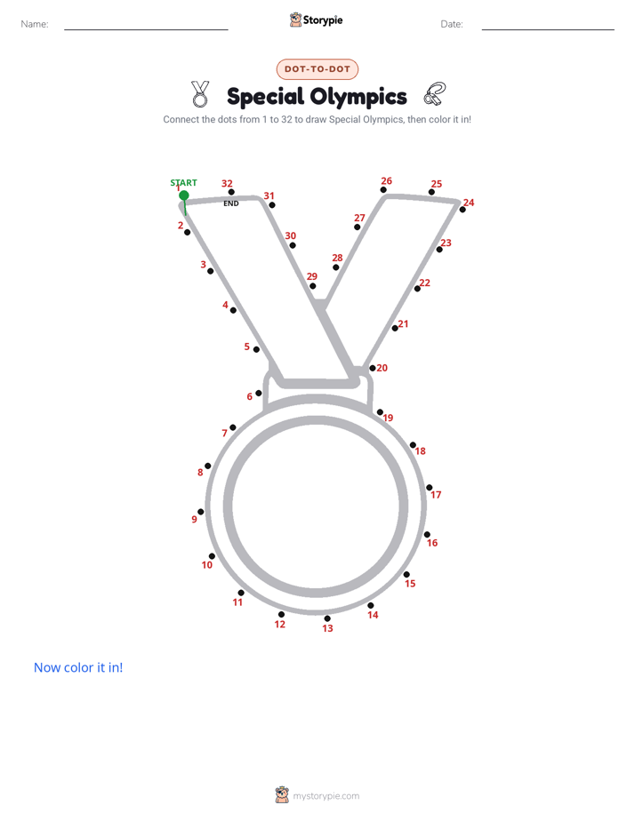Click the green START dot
coord(184,195)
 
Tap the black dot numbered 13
coord(327,618)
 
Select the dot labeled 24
coord(462,210)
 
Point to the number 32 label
coord(227,183)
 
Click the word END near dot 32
coord(231,203)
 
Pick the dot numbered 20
coord(373,368)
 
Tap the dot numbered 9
coord(201,512)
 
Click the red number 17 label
coord(436,495)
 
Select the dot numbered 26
coord(383,189)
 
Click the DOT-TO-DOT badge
coord(317,69)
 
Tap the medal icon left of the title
coord(199,93)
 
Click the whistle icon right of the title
coord(435,93)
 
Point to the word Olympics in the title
coord(358,96)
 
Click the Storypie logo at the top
coord(317,20)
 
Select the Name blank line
coord(146,29)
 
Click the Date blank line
coord(548,29)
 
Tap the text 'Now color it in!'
coord(78,667)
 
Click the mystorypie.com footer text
coord(326,796)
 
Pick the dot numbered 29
coord(313,286)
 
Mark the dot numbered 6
coord(258,394)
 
